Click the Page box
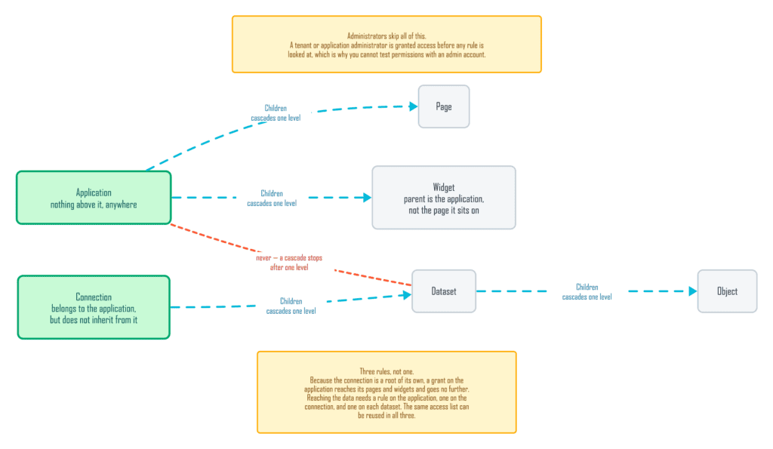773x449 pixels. point(444,106)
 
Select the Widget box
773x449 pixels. point(444,198)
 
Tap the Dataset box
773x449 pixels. point(444,291)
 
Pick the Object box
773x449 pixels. point(727,291)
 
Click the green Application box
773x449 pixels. point(94,198)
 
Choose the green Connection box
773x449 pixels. point(94,308)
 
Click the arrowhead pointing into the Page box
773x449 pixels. point(413,106)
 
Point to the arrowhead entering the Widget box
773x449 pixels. point(367,198)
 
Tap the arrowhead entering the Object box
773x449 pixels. point(693,291)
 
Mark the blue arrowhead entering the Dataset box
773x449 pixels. point(407,295)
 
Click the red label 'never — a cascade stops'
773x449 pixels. point(289,258)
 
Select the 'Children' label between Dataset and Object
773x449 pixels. point(587,287)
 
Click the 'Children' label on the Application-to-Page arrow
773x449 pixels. point(276,108)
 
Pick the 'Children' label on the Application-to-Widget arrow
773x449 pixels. point(272,193)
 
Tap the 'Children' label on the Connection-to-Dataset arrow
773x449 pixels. point(291,301)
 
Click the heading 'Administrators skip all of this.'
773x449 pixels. point(386,36)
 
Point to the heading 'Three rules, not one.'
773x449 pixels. point(386,371)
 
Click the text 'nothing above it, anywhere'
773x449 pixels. point(94,205)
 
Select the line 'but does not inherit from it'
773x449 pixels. point(94,320)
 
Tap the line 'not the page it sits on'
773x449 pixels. point(444,211)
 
